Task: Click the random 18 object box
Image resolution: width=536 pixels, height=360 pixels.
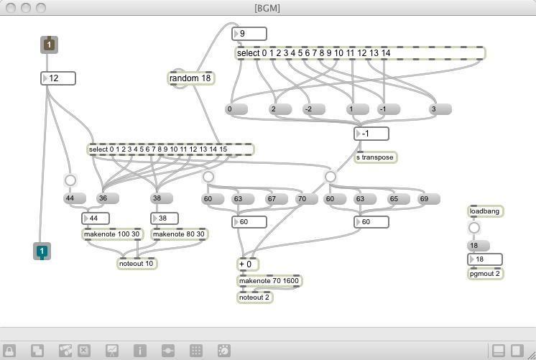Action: (191, 78)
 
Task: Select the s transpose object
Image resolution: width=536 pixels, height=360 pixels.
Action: (375, 157)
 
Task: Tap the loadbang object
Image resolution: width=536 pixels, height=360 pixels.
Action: (485, 211)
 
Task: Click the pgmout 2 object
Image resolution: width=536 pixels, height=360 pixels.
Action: (485, 274)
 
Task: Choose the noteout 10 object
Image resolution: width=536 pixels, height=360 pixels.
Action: (137, 264)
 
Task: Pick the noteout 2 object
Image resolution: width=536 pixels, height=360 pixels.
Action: (255, 297)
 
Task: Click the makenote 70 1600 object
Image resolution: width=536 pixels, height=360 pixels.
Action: (269, 281)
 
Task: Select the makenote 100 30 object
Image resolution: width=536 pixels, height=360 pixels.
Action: (113, 234)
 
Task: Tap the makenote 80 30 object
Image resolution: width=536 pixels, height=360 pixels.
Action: (179, 234)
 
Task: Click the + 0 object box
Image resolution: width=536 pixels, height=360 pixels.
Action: (249, 264)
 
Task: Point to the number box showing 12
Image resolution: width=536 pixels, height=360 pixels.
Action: (58, 78)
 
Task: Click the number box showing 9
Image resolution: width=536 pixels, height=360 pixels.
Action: (249, 34)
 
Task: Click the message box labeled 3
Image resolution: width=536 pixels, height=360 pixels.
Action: (439, 109)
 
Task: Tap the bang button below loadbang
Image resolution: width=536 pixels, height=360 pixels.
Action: (474, 229)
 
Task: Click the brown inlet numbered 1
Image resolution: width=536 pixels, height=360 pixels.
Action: (49, 45)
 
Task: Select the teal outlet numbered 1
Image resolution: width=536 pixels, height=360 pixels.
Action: (42, 251)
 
